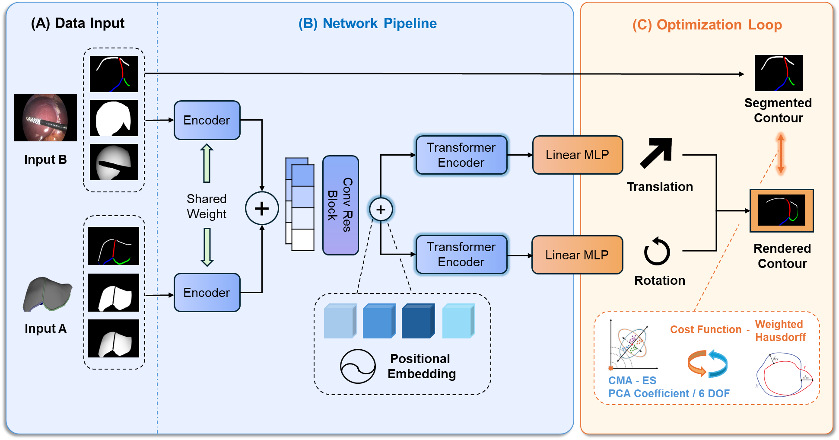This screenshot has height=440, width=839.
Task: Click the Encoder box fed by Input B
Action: [x=207, y=120]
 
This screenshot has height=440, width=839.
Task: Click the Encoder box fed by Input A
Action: [x=207, y=293]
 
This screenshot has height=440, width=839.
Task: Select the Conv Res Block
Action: [x=340, y=205]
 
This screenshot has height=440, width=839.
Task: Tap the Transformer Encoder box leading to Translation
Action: [x=461, y=155]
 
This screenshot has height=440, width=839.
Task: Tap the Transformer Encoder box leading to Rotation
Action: [x=461, y=255]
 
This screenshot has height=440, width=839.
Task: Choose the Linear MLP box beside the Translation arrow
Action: [x=577, y=155]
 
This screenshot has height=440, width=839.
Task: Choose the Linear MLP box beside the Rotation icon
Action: [x=577, y=255]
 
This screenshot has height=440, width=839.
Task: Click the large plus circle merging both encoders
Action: [x=262, y=208]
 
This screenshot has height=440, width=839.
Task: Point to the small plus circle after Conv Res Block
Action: [x=381, y=210]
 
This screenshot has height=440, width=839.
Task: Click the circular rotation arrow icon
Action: [x=657, y=252]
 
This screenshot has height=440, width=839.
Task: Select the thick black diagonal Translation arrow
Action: [x=656, y=153]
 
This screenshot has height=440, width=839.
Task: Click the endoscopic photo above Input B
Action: [x=45, y=118]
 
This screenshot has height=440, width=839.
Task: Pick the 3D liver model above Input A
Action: [x=47, y=294]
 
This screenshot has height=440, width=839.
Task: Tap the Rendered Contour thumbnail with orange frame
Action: [x=782, y=210]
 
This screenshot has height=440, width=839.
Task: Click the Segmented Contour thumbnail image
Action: [x=778, y=73]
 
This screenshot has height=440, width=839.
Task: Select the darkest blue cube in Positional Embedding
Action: [x=418, y=321]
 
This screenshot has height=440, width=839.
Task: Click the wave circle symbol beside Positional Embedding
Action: [x=358, y=367]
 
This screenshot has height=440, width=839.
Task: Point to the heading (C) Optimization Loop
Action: [x=707, y=25]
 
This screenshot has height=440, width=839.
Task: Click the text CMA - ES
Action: [x=632, y=381]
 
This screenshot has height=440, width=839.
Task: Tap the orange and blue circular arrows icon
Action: [x=707, y=363]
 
